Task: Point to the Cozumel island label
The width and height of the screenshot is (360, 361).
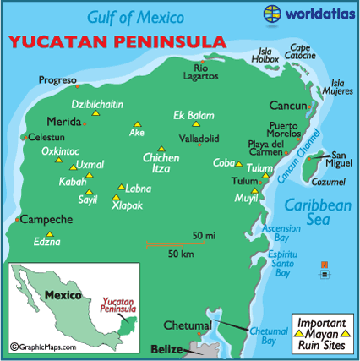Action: (330, 181)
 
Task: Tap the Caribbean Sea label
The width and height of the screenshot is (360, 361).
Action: (316, 212)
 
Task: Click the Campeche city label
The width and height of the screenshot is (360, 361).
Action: (45, 219)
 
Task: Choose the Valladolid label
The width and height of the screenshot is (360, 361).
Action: (199, 138)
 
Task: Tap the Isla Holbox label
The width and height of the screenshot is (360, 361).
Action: (265, 56)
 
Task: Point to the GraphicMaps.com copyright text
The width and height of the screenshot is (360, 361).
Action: (42, 347)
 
